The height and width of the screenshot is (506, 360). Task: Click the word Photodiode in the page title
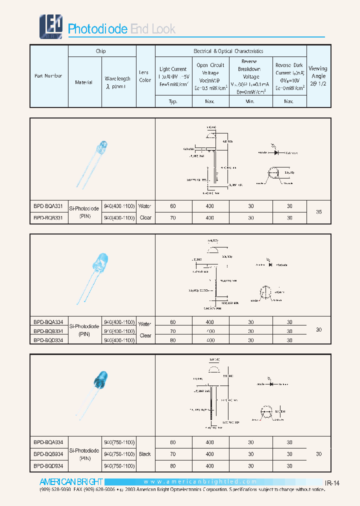[97, 29]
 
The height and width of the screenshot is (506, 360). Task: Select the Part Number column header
[48, 76]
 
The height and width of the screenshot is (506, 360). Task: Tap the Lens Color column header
[145, 76]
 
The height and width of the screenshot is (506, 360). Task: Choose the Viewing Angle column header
[318, 76]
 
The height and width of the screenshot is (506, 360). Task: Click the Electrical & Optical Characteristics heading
[228, 51]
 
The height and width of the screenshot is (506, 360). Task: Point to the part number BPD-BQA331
[48, 206]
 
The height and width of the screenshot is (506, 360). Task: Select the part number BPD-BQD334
[48, 340]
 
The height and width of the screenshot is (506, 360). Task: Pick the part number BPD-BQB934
[48, 454]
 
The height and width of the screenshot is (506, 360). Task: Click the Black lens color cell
[145, 454]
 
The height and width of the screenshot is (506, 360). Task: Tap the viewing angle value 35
[318, 212]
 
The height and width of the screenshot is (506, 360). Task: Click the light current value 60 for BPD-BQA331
[173, 206]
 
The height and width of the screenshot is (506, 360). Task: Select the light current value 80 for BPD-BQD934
[173, 466]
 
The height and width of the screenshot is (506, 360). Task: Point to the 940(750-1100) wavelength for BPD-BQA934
[118, 442]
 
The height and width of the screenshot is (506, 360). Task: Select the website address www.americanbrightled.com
[200, 481]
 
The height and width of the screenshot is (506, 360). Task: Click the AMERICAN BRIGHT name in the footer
[71, 481]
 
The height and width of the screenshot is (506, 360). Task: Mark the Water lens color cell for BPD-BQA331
[145, 206]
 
